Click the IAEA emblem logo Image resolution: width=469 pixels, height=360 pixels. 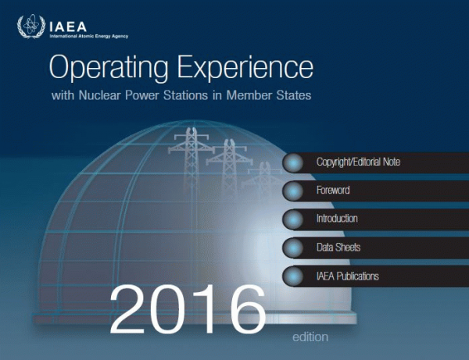(31, 27)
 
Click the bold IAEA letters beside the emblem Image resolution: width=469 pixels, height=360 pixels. (68, 27)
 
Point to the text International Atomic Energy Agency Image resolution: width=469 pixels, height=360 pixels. (89, 36)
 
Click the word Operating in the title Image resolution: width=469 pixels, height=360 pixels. (109, 67)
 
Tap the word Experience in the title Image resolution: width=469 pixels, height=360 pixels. (245, 67)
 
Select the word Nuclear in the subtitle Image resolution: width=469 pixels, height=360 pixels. (99, 95)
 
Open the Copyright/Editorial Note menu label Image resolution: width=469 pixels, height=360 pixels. (358, 162)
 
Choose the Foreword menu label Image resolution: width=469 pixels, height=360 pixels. (333, 190)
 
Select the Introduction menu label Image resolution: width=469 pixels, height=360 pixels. (337, 219)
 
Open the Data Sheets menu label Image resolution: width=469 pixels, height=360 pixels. (338, 247)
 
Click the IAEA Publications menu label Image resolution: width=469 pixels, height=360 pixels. (348, 276)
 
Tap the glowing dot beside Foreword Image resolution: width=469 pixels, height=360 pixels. (294, 191)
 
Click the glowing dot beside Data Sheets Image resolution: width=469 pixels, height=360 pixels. (294, 248)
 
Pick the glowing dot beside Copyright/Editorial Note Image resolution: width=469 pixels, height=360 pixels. (294, 162)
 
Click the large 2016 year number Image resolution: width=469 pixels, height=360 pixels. (188, 309)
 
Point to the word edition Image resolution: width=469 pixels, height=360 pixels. (310, 337)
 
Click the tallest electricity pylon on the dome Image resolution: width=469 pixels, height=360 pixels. (191, 159)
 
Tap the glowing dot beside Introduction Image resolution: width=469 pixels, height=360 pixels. (294, 219)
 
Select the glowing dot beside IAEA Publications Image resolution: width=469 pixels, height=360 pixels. (294, 276)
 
